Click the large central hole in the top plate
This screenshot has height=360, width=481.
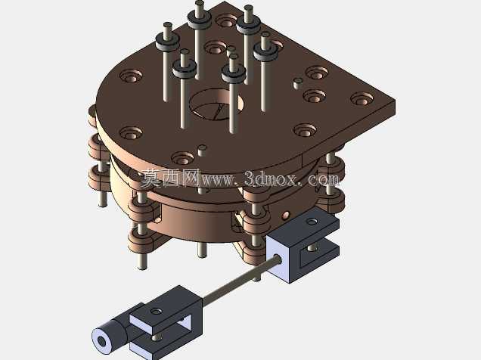tap(216, 104)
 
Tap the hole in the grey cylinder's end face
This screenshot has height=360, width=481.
tap(101, 340)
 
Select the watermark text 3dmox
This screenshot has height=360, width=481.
tap(271, 178)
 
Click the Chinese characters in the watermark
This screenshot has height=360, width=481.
tap(171, 178)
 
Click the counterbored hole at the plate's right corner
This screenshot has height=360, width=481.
tap(362, 99)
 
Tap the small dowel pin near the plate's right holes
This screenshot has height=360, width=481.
tap(297, 82)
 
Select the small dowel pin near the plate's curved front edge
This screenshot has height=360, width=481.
tap(202, 151)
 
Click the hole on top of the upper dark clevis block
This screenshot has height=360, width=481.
tap(312, 221)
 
